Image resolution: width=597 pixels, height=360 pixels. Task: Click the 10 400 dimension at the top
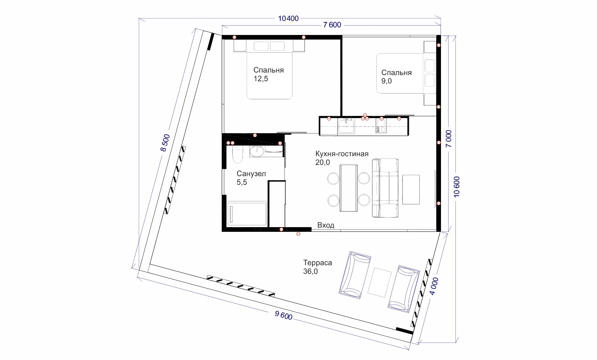288,18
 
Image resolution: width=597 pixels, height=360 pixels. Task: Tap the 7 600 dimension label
332,25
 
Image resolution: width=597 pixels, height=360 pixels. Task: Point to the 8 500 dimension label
165,143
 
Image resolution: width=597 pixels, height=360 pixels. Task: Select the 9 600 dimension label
284,316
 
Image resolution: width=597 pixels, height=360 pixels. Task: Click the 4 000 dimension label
434,286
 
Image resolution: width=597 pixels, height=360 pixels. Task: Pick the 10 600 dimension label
457,187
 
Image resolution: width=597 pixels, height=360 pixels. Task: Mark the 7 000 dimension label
449,139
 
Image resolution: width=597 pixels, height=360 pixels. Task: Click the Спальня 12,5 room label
268,74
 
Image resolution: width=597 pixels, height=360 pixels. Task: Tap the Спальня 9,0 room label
396,77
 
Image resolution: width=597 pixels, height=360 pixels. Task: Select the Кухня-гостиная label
342,154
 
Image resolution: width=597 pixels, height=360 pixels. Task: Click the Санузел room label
251,174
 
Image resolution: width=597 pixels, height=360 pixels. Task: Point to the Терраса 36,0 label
317,267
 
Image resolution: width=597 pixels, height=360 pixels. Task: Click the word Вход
326,225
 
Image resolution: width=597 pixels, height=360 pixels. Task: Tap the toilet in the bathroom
237,155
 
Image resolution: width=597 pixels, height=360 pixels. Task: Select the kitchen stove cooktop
381,126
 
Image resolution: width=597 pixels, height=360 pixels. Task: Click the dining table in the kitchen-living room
349,188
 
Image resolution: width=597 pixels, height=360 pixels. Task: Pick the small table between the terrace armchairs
380,282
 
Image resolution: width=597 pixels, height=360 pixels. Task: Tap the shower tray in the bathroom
247,214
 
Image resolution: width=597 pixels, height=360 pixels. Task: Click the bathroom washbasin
257,151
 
